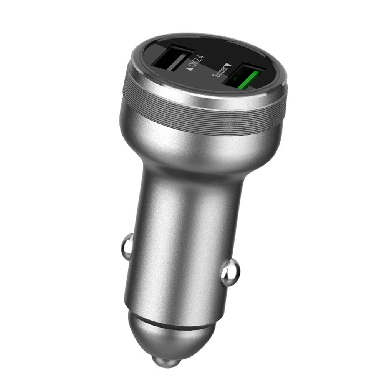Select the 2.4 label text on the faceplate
[195, 62]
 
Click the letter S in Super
[215, 74]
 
